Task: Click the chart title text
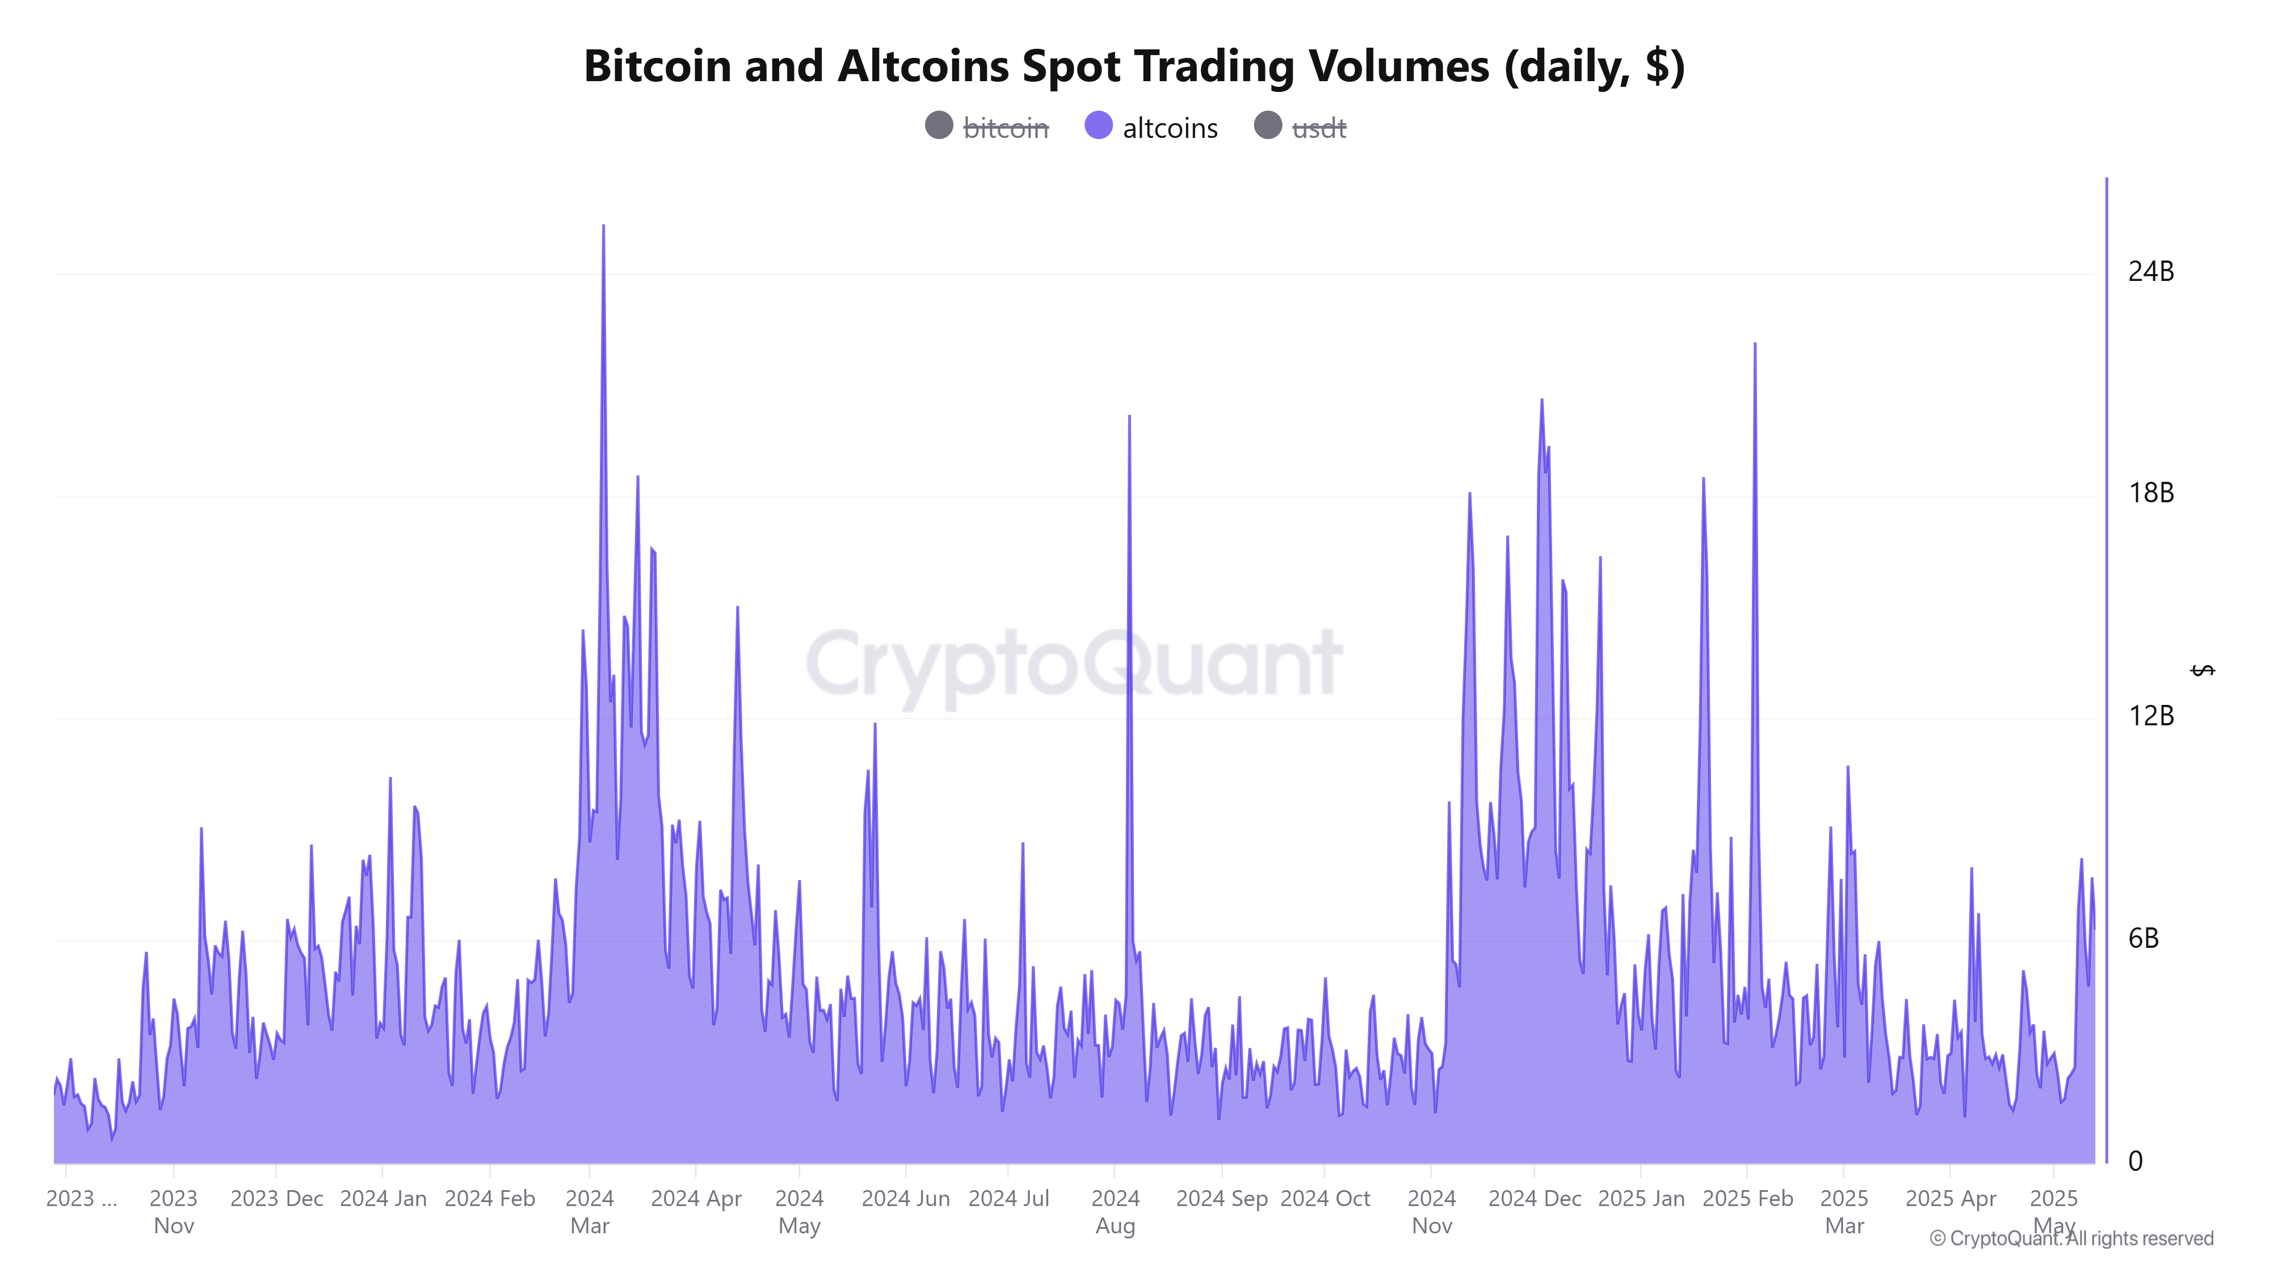1133,66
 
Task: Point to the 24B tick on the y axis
2150,271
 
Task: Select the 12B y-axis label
2150,716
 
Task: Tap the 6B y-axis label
2143,939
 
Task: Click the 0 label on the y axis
2135,1162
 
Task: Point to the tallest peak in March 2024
604,226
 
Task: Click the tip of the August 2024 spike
1129,417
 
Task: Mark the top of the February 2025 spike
1755,345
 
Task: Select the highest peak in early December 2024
1541,401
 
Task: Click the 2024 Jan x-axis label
382,1199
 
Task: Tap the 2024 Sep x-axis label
1221,1199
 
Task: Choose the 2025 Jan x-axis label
1641,1199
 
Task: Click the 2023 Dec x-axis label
277,1199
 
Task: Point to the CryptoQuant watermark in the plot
1073,663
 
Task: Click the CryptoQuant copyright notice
2071,1238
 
